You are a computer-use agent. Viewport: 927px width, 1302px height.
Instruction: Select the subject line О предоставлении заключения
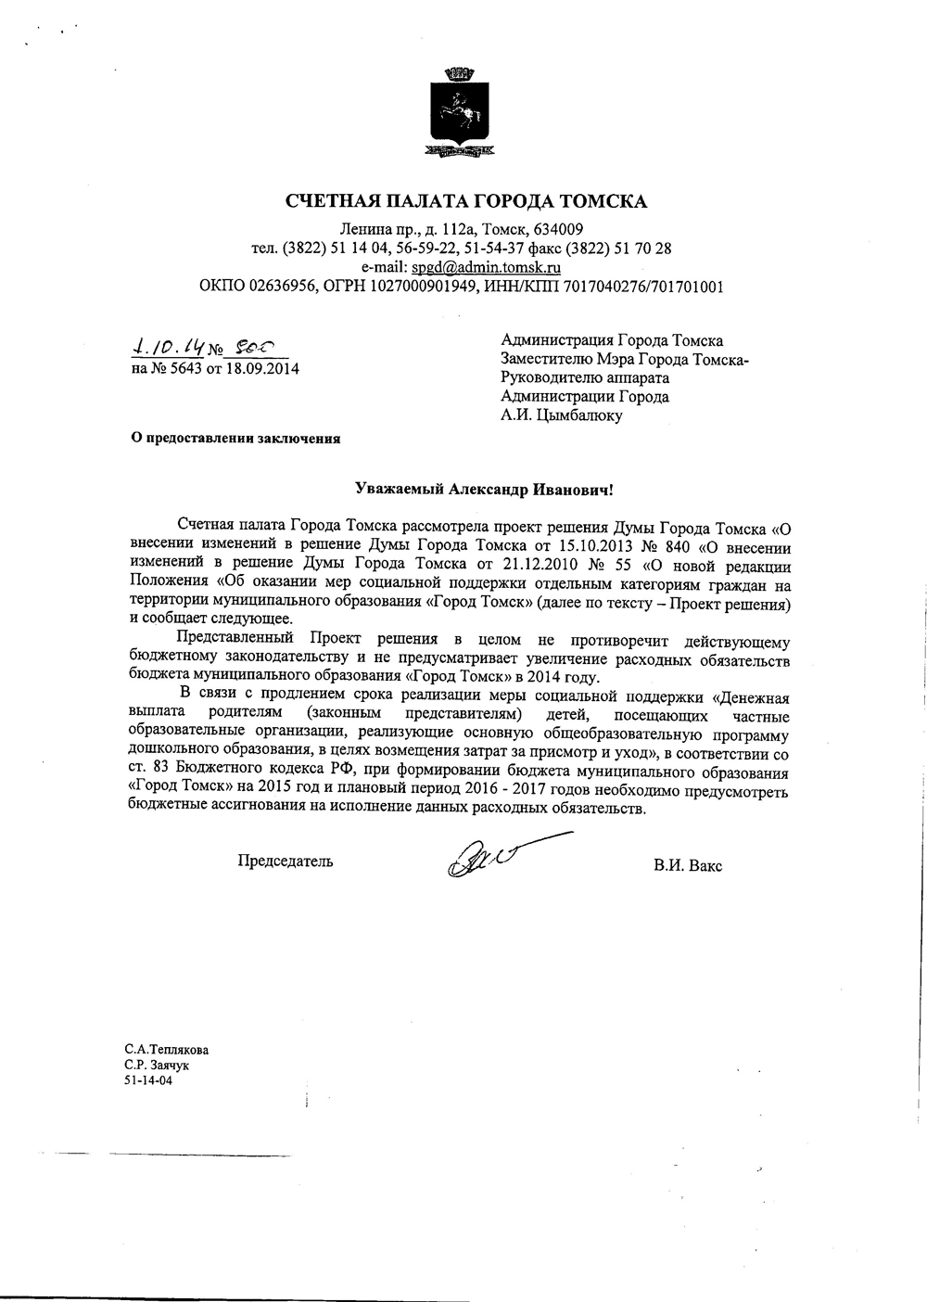(234, 440)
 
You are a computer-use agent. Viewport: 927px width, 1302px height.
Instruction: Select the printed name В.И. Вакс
(687, 866)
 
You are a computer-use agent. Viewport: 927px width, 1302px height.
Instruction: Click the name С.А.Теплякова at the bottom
(167, 1051)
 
